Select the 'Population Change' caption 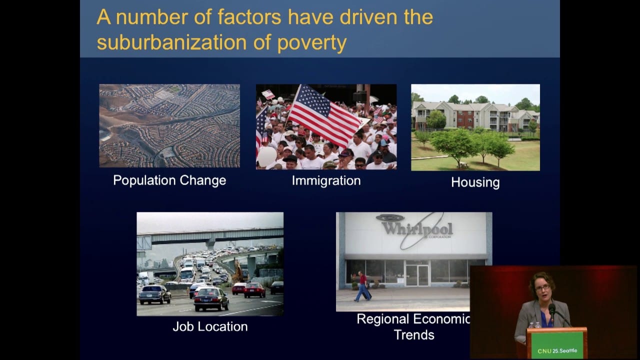(x=169, y=180)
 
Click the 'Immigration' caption (x=326, y=180)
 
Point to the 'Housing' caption (x=475, y=182)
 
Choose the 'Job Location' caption (x=210, y=326)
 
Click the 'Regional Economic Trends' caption (x=413, y=326)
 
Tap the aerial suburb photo (x=169, y=125)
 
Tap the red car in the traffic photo (x=254, y=289)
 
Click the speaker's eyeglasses (x=542, y=287)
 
